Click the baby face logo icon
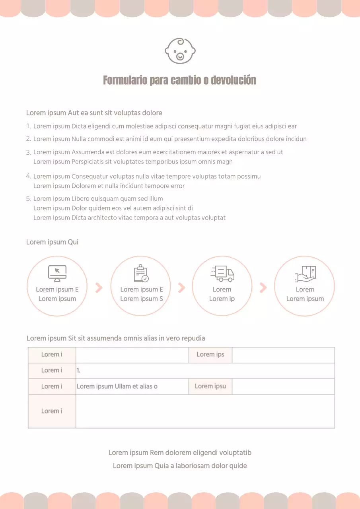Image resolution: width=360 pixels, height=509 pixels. [180, 51]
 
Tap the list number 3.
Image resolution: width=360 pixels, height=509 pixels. [28, 152]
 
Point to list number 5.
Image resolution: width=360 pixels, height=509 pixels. [28, 199]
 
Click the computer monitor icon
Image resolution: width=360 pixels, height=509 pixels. [57, 273]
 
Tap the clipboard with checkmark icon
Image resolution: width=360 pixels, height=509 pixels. [141, 273]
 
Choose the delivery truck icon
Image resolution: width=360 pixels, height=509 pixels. [222, 273]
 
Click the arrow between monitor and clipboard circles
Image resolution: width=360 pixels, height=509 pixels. [99, 288]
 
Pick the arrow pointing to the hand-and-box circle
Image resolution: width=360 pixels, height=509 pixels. [263, 288]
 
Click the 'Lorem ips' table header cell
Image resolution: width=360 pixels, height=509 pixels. [210, 355]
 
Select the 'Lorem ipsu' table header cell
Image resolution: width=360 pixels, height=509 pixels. [210, 386]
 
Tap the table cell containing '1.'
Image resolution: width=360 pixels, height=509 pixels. [205, 371]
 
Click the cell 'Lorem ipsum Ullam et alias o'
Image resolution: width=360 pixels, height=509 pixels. [117, 386]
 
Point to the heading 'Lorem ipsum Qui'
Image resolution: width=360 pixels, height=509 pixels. [52, 242]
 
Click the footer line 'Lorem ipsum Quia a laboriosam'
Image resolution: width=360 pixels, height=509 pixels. [180, 466]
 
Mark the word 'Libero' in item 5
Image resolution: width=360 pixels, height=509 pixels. [80, 199]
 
